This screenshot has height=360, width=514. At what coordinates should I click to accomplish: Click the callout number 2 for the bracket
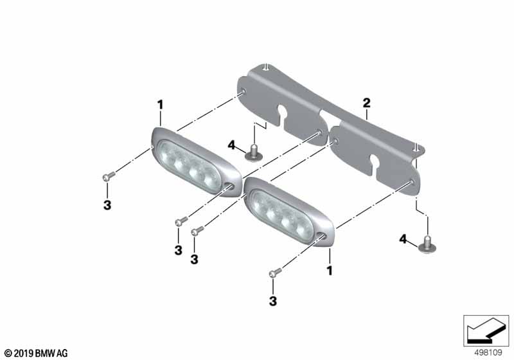pos(366,103)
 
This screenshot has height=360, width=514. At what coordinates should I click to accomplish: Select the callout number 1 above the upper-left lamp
pos(160,105)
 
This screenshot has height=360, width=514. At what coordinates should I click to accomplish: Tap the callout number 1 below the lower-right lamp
pos(330,271)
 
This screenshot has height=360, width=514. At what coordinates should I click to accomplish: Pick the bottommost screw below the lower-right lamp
pos(276,272)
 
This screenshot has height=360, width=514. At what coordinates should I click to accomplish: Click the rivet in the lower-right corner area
pos(427,245)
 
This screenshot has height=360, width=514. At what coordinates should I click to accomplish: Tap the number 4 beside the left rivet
pos(231,145)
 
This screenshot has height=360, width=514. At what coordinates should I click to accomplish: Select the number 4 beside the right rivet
pos(403,239)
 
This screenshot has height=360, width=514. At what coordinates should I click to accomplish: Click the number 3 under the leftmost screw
pos(107,205)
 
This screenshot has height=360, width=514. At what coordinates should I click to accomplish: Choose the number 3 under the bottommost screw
pos(273,301)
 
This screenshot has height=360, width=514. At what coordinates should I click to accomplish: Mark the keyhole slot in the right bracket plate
pos(375,161)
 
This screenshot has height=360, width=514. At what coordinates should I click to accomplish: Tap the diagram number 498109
pos(488,353)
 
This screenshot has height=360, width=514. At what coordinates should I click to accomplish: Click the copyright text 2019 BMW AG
pos(36,354)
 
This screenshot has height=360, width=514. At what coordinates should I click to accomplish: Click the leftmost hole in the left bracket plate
pos(244,91)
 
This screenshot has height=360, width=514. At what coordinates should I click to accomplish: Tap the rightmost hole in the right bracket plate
pos(412,181)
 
